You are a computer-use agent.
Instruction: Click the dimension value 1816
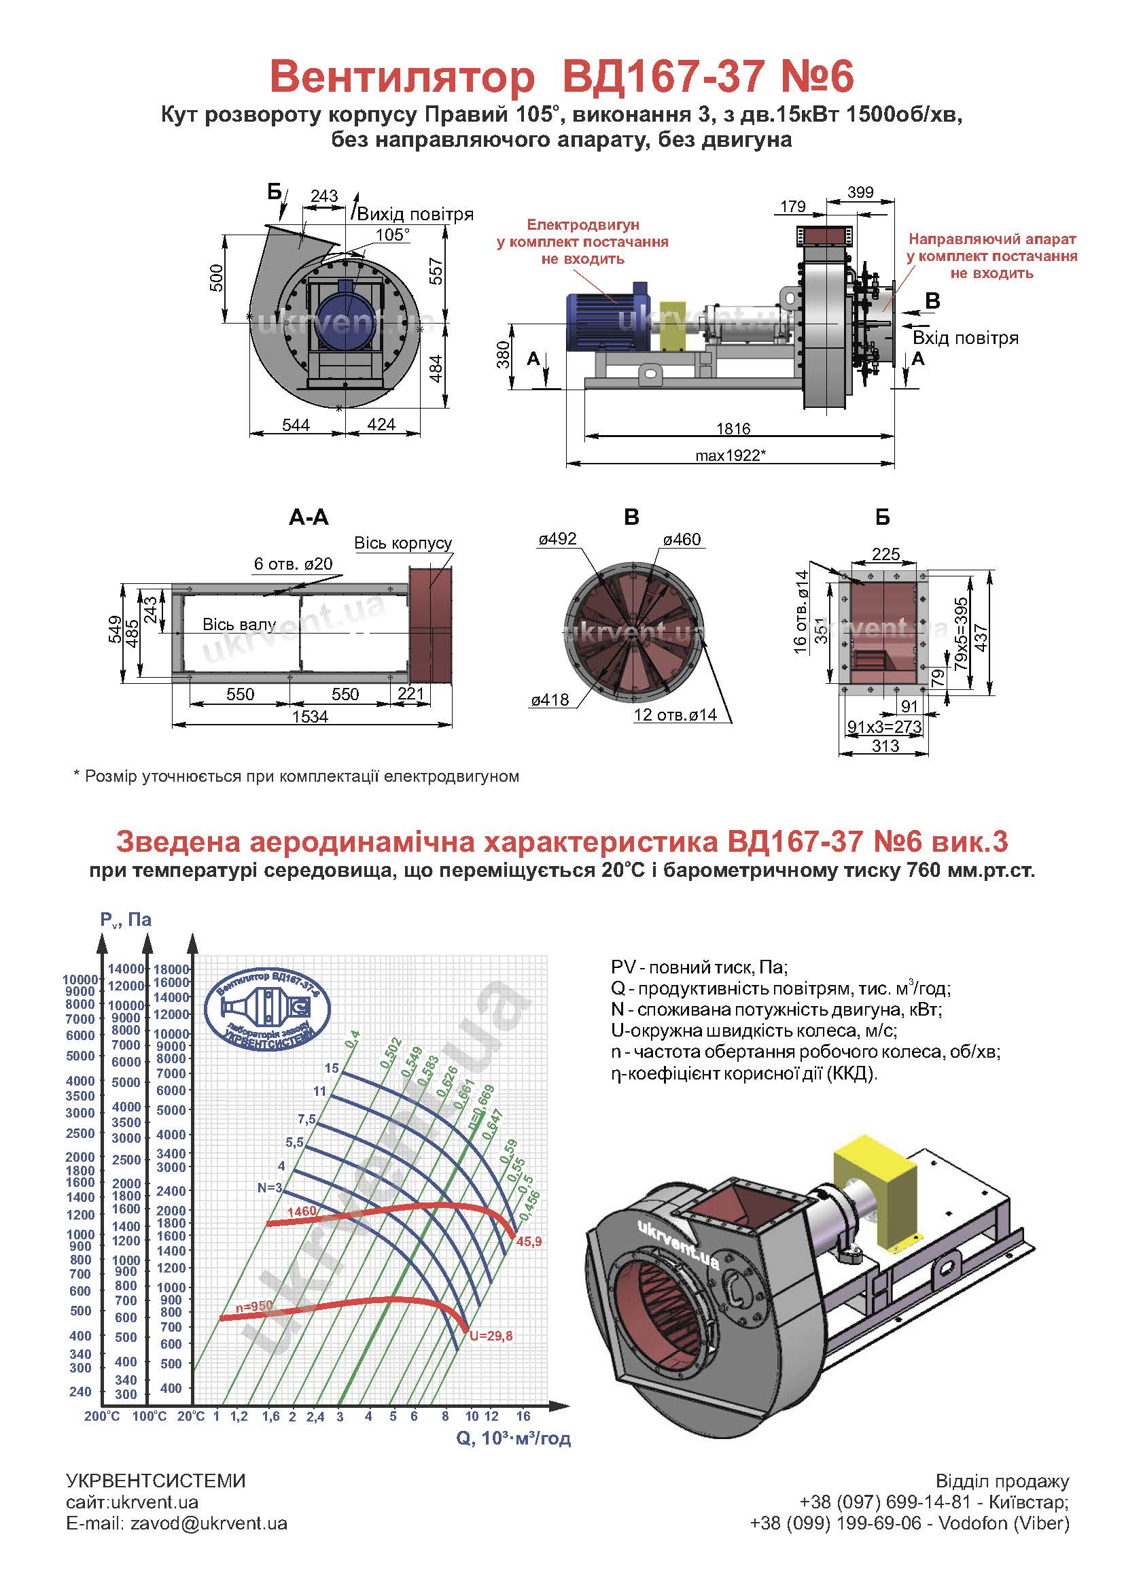(734, 429)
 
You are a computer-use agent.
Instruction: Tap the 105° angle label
(392, 235)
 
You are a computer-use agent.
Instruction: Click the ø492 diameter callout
(558, 539)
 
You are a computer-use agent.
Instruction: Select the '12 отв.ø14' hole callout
(675, 714)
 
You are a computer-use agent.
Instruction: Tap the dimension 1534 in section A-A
(309, 716)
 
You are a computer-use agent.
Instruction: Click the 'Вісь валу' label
(239, 625)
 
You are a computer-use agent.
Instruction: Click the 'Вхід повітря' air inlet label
(966, 338)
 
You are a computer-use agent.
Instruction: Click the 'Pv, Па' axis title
(125, 920)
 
